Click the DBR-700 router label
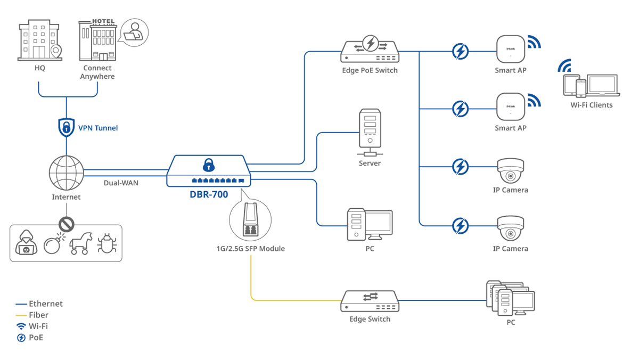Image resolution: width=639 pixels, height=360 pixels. tap(209, 194)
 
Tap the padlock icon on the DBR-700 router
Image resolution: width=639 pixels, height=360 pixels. tap(208, 165)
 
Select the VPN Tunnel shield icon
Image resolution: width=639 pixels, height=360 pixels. tap(66, 127)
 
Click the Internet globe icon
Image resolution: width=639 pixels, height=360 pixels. tap(66, 173)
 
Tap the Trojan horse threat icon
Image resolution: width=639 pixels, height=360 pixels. tap(81, 243)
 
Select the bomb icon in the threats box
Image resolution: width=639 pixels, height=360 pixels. tap(53, 244)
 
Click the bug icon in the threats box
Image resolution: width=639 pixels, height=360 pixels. tap(107, 243)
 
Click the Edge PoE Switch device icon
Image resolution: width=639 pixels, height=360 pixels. tap(370, 50)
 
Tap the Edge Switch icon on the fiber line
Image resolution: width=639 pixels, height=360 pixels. tap(370, 301)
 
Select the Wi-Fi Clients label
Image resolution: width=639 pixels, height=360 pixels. tap(591, 105)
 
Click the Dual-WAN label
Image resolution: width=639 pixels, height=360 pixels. tap(121, 183)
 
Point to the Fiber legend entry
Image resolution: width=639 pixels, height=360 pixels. tap(39, 315)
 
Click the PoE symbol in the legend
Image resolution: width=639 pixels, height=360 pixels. tap(21, 338)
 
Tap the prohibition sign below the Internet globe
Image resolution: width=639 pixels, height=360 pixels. tap(66, 224)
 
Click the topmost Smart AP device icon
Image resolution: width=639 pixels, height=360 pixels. tap(510, 50)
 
